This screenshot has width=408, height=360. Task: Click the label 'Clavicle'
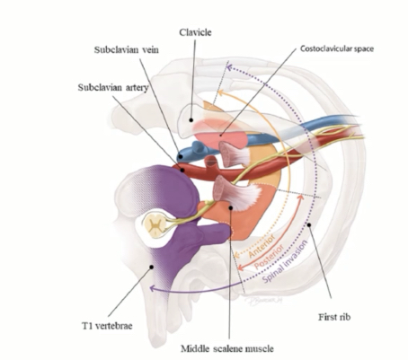click(x=195, y=32)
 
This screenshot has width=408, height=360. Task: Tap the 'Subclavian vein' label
click(x=127, y=49)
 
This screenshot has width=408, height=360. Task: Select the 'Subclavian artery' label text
click(x=113, y=87)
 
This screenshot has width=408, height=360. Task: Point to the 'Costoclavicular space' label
click(x=337, y=48)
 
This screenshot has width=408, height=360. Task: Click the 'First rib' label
click(x=334, y=317)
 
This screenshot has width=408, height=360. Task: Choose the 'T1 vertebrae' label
click(x=107, y=326)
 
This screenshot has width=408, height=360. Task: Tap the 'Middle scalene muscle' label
click(x=227, y=348)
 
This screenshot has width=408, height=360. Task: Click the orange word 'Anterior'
click(x=262, y=246)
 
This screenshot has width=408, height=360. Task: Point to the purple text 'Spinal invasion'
click(x=285, y=261)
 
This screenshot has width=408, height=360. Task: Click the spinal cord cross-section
click(x=155, y=224)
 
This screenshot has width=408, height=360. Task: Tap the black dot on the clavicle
click(x=191, y=120)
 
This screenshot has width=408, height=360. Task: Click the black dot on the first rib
click(x=309, y=224)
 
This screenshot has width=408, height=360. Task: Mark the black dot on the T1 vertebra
click(x=152, y=267)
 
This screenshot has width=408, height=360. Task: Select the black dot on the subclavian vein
click(x=181, y=156)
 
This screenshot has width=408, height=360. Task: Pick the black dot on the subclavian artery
click(x=182, y=171)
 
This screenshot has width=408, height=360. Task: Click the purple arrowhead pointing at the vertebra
click(x=152, y=288)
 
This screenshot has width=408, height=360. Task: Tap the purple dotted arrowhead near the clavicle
click(x=229, y=67)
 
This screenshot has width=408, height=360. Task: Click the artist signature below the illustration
click(x=263, y=300)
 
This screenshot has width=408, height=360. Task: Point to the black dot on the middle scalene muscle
click(x=231, y=207)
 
